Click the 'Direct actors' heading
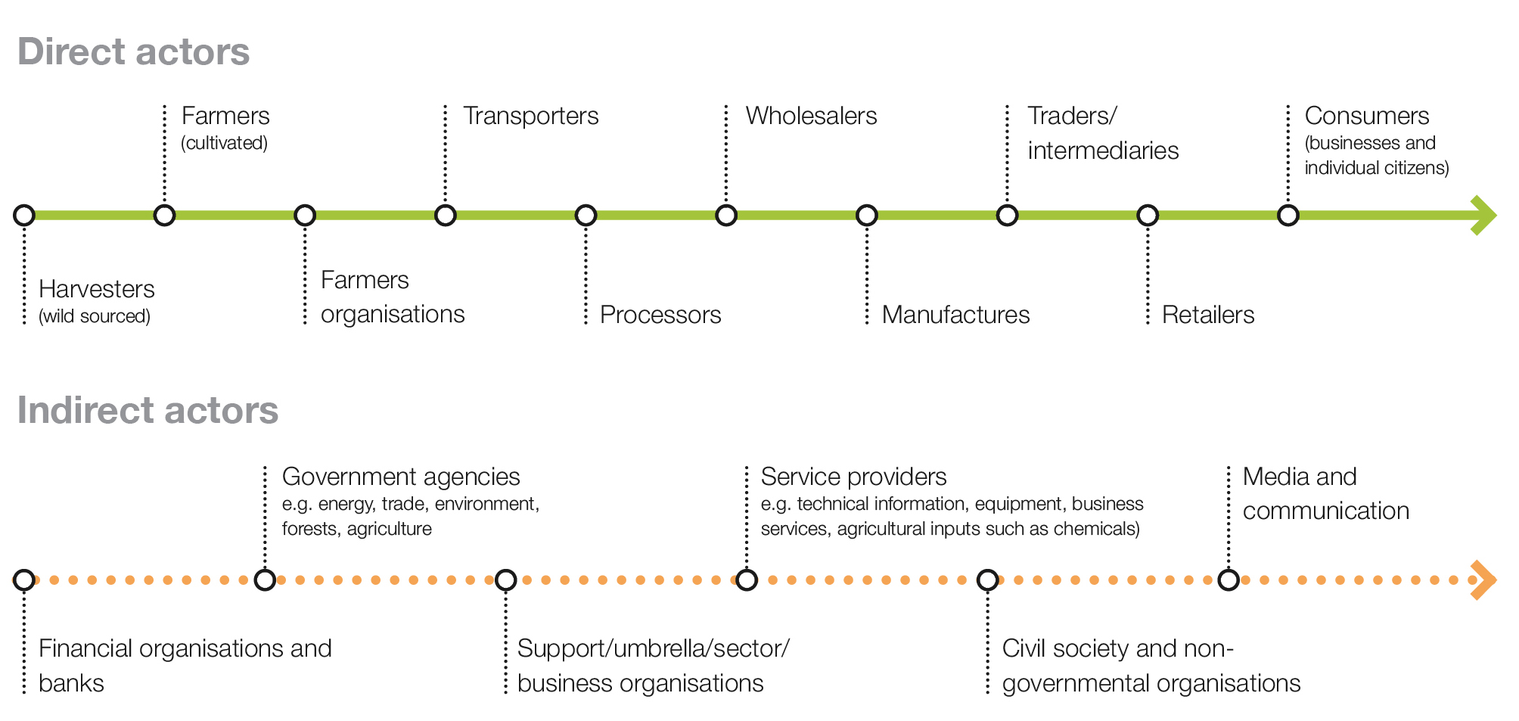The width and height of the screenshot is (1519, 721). pyautogui.click(x=133, y=52)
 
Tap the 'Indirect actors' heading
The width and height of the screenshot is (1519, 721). pyautogui.click(x=148, y=411)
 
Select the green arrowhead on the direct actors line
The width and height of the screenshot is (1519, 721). pyautogui.click(x=1484, y=216)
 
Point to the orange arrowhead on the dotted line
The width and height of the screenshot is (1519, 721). pyautogui.click(x=1484, y=580)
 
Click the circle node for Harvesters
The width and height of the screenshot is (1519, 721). pyautogui.click(x=24, y=216)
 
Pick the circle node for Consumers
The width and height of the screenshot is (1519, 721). pyautogui.click(x=1288, y=216)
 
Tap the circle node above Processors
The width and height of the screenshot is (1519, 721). pyautogui.click(x=586, y=216)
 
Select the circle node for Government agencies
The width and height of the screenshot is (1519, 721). pyautogui.click(x=265, y=580)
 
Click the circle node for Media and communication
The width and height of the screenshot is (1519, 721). pyautogui.click(x=1229, y=580)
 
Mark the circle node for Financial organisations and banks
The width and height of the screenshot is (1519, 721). pyautogui.click(x=24, y=580)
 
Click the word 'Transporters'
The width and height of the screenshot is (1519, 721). pyautogui.click(x=530, y=116)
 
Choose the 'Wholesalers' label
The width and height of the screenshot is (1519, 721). pyautogui.click(x=811, y=116)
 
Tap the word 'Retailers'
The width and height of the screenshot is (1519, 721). pyautogui.click(x=1208, y=315)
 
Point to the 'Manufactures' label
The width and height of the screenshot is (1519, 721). pyautogui.click(x=955, y=315)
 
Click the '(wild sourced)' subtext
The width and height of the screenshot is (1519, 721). pyautogui.click(x=95, y=316)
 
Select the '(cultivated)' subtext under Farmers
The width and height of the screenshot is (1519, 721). pyautogui.click(x=224, y=143)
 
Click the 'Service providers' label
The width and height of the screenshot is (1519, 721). pyautogui.click(x=853, y=477)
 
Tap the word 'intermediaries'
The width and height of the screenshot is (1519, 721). pyautogui.click(x=1103, y=151)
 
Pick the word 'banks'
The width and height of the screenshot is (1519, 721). pyautogui.click(x=71, y=683)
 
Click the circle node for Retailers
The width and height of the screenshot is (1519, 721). pyautogui.click(x=1148, y=216)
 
